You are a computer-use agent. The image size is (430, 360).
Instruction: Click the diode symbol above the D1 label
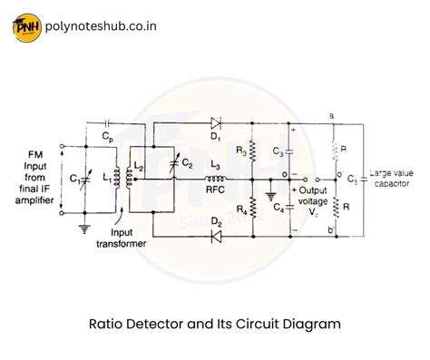pyautogui.click(x=214, y=122)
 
